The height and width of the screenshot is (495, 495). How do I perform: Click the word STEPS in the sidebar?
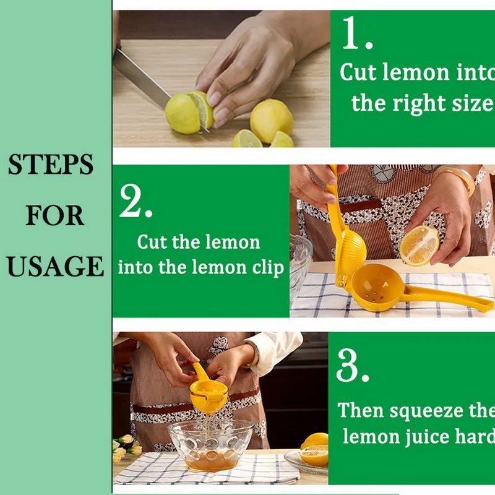click(x=51, y=164)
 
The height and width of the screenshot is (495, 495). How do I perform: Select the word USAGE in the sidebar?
click(x=55, y=266)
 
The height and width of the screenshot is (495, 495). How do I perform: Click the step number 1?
click(x=357, y=33)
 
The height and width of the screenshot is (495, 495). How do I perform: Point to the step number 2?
click(x=136, y=200)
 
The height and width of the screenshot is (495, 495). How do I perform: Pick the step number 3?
click(x=353, y=366)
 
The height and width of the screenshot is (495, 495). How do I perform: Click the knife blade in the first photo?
click(x=142, y=77)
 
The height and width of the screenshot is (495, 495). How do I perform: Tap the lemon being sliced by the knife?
click(x=189, y=113)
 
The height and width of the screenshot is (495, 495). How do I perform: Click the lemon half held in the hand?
click(x=420, y=245)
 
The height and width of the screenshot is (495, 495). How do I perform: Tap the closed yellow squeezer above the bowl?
click(x=208, y=392)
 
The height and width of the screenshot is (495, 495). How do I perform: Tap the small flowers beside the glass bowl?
click(x=126, y=445)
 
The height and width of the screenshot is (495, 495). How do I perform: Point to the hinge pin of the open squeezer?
click(x=341, y=285)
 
